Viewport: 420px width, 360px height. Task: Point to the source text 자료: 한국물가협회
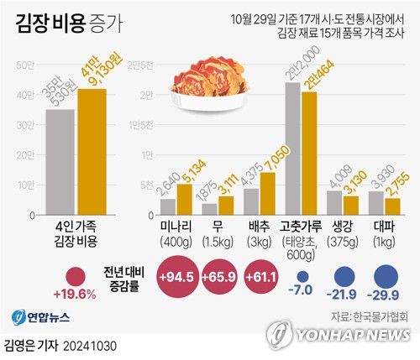point(370,317)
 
